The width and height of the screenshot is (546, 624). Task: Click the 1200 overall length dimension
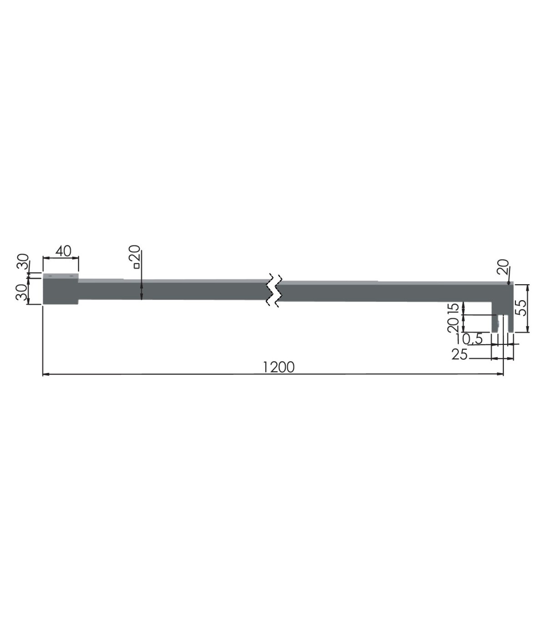[x=278, y=367]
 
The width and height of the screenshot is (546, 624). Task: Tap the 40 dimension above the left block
[x=63, y=251]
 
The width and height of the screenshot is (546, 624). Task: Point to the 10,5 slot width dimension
[x=470, y=339]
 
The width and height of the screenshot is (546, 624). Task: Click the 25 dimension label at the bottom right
[x=460, y=354]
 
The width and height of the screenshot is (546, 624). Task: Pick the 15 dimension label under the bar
[x=454, y=307]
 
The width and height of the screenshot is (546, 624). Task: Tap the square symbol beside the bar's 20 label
[x=136, y=266]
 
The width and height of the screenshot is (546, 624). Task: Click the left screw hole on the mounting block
[x=50, y=276]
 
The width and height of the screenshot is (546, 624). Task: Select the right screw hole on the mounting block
[x=71, y=276]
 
